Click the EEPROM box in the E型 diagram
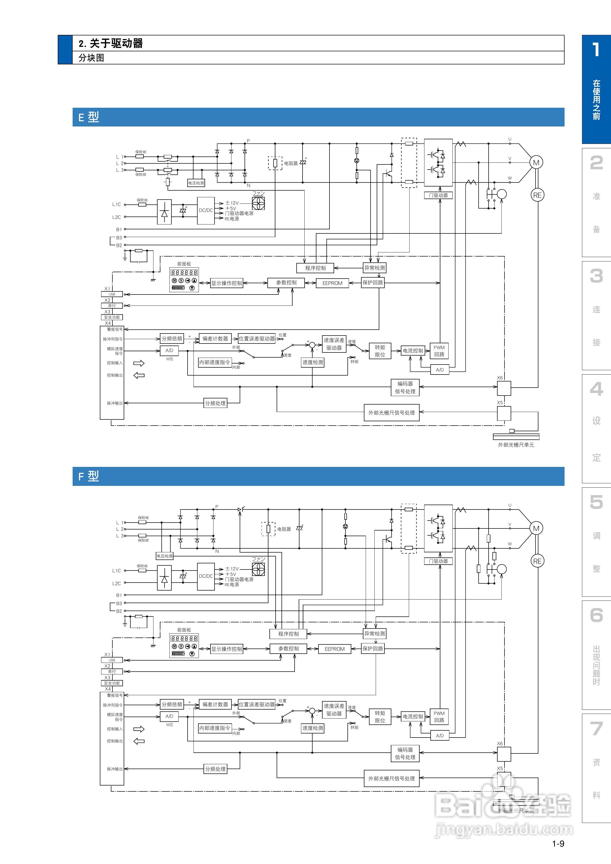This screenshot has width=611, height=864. point(332,283)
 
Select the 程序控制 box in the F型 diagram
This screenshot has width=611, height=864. point(288,634)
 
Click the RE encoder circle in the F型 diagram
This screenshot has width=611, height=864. point(537,561)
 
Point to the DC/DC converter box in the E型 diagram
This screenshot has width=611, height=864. point(206,210)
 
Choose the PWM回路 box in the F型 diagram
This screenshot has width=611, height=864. point(439,716)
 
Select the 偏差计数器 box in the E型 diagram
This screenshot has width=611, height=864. point(215,339)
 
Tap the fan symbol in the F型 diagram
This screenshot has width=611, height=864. point(258,569)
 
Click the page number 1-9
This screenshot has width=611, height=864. point(558,844)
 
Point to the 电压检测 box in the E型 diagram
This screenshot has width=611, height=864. point(196,183)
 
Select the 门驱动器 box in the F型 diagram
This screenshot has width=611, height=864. point(438,561)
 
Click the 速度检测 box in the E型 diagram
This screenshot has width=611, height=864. point(313,362)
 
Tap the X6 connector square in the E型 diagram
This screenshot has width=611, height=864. point(504,388)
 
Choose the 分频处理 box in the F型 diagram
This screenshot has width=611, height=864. point(215,769)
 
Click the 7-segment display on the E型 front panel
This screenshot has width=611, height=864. point(184,272)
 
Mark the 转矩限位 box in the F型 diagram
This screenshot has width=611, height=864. point(380,716)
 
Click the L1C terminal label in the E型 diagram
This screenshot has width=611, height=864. point(116,204)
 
